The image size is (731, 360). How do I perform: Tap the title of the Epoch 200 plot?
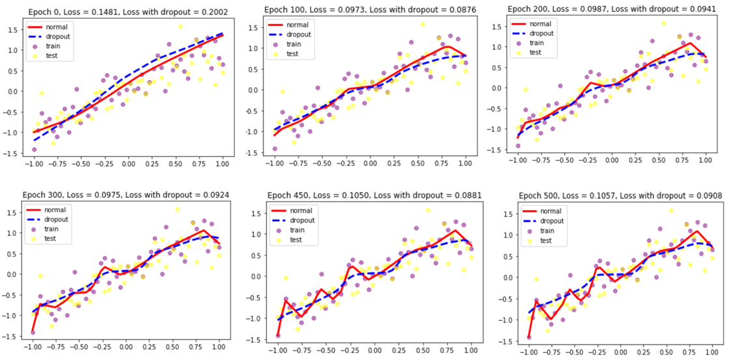[x=611, y=9]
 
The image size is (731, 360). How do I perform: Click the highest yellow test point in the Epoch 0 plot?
[x=180, y=27]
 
